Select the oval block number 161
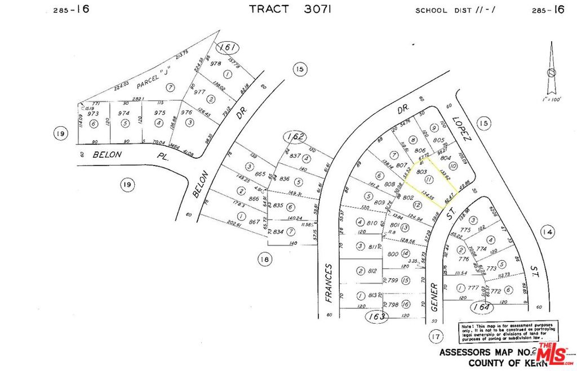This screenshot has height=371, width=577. tap(228, 47)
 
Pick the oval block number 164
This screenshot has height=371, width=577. tap(481, 307)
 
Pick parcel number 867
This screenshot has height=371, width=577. tap(255, 222)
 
